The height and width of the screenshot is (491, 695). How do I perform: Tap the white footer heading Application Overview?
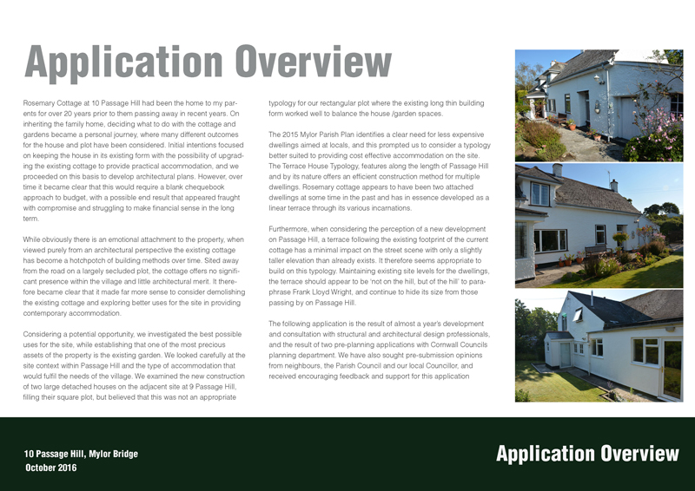[586, 454]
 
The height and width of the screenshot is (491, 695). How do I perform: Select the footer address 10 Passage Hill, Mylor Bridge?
[80, 454]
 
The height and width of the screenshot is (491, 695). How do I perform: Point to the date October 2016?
[50, 468]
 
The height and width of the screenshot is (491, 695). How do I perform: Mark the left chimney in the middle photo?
[557, 169]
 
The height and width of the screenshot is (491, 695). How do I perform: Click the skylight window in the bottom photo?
[578, 315]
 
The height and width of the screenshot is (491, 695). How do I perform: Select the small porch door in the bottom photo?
[566, 353]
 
